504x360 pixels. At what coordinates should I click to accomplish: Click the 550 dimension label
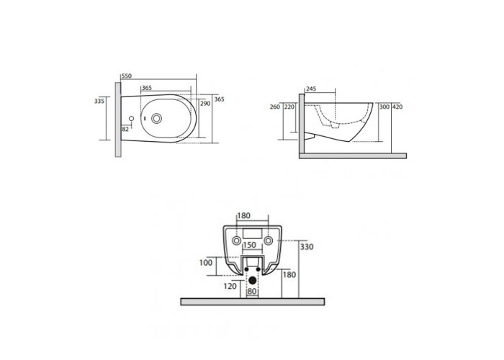point(127,76)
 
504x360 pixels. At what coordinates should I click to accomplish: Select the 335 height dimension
point(99,101)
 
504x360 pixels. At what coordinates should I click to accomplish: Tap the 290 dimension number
point(205,104)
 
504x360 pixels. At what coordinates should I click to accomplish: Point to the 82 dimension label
point(125,129)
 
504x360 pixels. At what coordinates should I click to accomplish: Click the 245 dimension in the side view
point(311,89)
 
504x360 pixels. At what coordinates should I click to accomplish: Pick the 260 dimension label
point(275,107)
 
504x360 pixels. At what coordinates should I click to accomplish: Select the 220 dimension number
point(289,107)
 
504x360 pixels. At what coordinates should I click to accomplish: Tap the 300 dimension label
point(384,107)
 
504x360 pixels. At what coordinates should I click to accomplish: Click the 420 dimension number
point(397,107)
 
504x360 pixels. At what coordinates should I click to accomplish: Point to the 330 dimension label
point(307,247)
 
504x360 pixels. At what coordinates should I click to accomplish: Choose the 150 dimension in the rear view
point(249,245)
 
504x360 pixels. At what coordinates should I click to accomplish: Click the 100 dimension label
point(206,263)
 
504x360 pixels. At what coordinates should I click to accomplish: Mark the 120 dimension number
point(230,286)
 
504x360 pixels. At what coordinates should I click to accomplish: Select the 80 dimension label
point(252,292)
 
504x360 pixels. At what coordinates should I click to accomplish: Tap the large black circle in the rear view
point(252,280)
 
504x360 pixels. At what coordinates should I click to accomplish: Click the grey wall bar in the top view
point(118,120)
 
